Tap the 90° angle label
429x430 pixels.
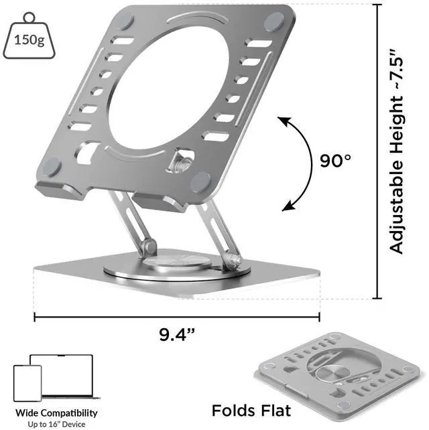[x=335, y=161]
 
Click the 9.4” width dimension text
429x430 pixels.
[x=177, y=334]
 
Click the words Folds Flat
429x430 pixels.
[x=251, y=411]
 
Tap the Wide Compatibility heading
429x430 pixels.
[x=56, y=413]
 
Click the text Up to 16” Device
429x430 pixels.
[x=56, y=424]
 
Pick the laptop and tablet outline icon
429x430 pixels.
[x=56, y=378]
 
